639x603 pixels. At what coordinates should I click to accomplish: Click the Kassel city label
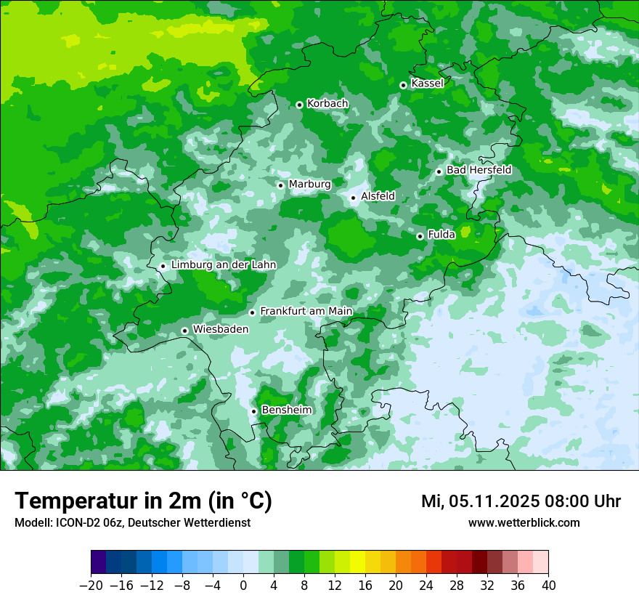tap(427, 84)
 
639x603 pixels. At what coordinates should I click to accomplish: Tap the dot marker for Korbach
tap(299, 105)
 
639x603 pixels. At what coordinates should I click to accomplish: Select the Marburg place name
tap(309, 185)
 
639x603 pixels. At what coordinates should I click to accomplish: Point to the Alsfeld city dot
tap(353, 198)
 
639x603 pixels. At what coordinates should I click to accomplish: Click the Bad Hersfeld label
tap(479, 170)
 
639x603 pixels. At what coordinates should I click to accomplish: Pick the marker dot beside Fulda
tap(420, 236)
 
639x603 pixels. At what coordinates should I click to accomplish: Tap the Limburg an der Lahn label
tap(224, 265)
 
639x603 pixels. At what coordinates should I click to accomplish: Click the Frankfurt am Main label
tap(306, 312)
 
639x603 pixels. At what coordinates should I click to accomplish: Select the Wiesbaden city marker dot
tap(185, 331)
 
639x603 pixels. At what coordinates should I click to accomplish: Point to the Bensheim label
tap(286, 410)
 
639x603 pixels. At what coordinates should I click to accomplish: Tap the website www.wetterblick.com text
tap(524, 523)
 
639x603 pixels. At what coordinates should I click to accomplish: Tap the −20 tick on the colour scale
tap(91, 586)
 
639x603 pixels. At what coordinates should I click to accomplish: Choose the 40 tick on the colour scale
tap(548, 586)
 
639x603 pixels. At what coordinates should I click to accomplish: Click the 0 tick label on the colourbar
tap(243, 586)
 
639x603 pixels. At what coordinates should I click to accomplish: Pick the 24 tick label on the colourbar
tap(426, 586)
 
